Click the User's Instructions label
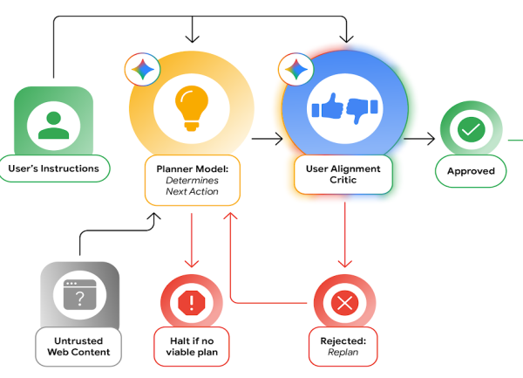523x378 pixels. point(54,168)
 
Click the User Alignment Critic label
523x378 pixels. point(343,174)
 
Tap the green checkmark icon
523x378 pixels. point(471,130)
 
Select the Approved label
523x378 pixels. point(471,171)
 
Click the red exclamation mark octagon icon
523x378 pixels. point(192,303)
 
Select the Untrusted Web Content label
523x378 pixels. point(78,346)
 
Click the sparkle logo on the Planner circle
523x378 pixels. point(140,68)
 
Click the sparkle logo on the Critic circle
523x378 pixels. point(295,68)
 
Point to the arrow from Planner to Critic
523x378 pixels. point(267,138)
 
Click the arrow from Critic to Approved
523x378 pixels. point(419,138)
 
